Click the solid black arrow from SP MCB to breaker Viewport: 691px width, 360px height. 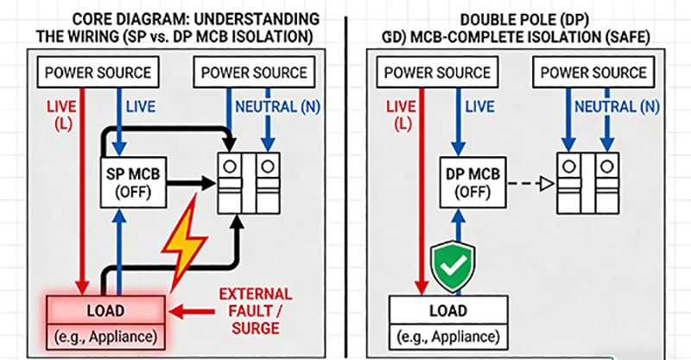(185, 183)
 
